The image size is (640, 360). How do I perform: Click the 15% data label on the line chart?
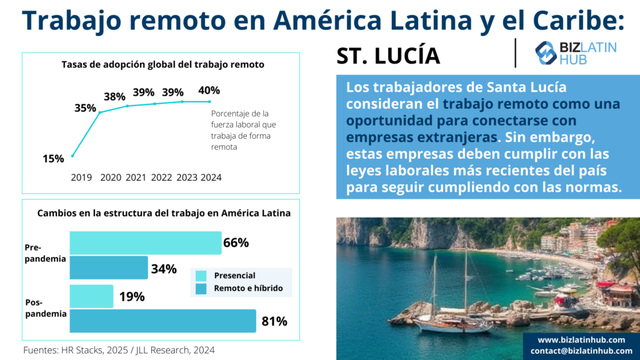[x=53, y=159]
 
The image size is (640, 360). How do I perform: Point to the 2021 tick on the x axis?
[x=136, y=177]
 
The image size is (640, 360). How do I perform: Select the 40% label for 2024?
[x=209, y=91]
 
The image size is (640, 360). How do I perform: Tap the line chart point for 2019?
[x=72, y=156]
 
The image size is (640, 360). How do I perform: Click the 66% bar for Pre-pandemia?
[x=145, y=242]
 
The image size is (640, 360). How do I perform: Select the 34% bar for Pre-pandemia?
[x=108, y=267]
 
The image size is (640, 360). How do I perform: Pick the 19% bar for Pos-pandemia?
[x=91, y=296]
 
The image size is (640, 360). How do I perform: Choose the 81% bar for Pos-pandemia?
[x=162, y=321]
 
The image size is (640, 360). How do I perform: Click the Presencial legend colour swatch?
[x=201, y=276]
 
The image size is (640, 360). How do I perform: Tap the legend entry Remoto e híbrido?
[x=248, y=288]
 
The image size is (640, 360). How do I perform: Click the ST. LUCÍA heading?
[x=388, y=56]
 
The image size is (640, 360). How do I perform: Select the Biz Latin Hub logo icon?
[x=546, y=53]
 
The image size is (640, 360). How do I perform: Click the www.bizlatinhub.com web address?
[x=581, y=339]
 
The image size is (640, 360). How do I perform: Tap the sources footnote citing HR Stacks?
[x=119, y=350]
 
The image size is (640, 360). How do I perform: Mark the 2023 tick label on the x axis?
[x=187, y=177]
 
